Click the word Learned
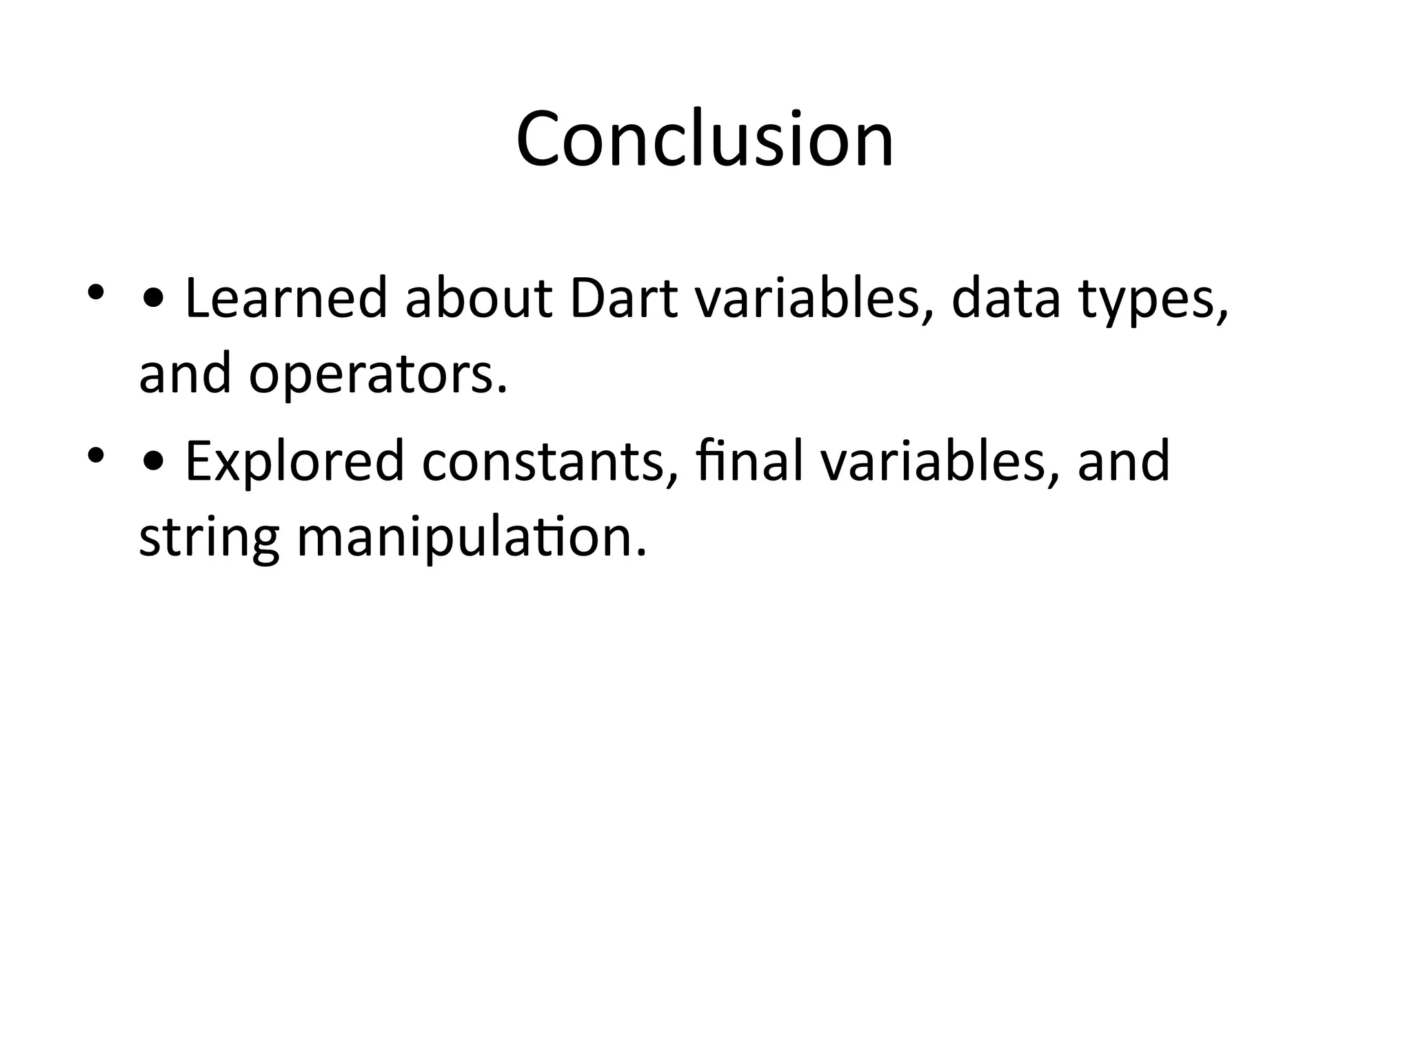286,299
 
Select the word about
478,299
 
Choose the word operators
378,376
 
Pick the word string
209,540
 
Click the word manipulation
472,540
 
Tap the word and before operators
185,376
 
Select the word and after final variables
1123,461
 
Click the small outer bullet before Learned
95,292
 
